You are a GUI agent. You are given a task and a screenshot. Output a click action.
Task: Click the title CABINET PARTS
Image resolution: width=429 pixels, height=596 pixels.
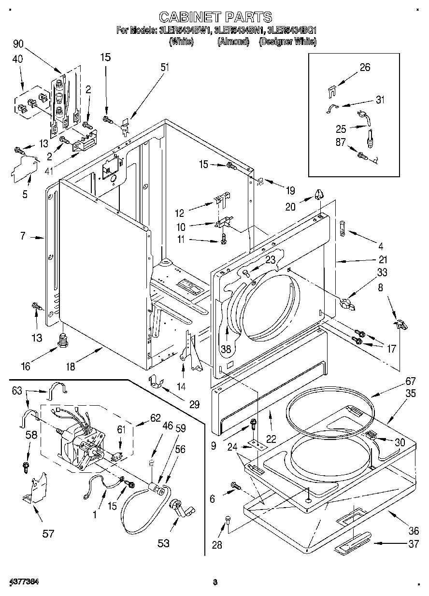pyautogui.click(x=215, y=17)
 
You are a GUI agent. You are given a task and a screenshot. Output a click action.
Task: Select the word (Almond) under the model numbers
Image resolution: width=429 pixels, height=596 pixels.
pyautogui.click(x=233, y=42)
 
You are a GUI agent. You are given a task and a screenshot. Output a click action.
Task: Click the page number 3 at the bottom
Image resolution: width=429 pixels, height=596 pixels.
pyautogui.click(x=215, y=582)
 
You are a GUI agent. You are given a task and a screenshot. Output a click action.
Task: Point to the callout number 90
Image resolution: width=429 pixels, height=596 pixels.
pyautogui.click(x=18, y=44)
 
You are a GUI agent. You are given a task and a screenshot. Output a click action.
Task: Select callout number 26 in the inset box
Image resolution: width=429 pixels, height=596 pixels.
pyautogui.click(x=364, y=67)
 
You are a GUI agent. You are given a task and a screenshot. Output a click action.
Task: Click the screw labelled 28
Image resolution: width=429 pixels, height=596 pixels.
pyautogui.click(x=228, y=521)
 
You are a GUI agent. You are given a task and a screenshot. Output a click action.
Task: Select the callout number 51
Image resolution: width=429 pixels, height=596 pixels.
pyautogui.click(x=165, y=67)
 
